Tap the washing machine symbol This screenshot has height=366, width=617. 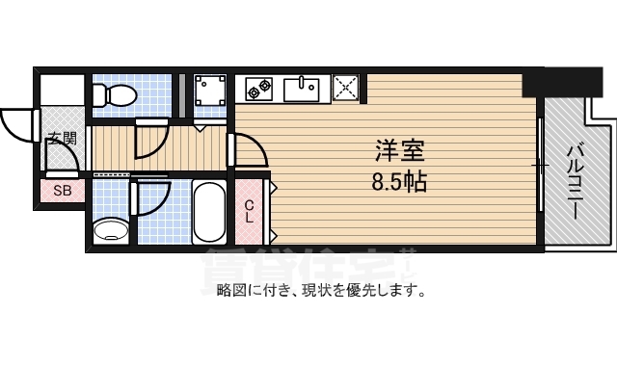(x=209, y=91)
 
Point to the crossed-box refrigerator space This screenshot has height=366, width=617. (x=345, y=88)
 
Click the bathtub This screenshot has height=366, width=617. (x=207, y=212)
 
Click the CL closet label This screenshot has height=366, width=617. (x=249, y=211)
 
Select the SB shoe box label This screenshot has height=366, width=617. (x=63, y=191)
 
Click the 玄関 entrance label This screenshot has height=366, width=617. (x=63, y=139)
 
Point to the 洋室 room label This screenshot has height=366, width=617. (x=400, y=151)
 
